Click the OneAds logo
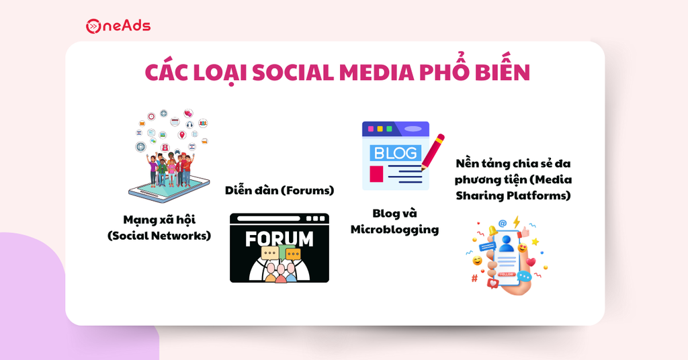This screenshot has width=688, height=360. [118, 26]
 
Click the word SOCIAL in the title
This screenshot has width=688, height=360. [293, 73]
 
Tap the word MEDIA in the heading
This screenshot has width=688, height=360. [376, 73]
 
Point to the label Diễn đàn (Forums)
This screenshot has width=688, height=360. [279, 190]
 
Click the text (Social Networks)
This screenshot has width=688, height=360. [159, 236]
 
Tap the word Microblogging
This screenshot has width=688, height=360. [394, 230]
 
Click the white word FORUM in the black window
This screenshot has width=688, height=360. [279, 239]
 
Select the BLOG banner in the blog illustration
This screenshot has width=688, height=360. [395, 153]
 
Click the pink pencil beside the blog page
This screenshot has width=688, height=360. [433, 152]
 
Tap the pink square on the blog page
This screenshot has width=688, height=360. [376, 174]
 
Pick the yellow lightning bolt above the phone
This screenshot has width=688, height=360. [517, 222]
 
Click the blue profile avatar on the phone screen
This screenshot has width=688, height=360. [507, 244]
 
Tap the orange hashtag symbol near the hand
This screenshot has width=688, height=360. [474, 278]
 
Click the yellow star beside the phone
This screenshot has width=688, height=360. [535, 242]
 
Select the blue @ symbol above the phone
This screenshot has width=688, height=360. [503, 223]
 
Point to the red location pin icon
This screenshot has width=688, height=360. [181, 135]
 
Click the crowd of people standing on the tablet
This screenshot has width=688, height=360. [170, 169]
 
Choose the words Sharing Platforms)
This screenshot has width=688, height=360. [513, 195]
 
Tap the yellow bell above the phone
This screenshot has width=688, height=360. [492, 230]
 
